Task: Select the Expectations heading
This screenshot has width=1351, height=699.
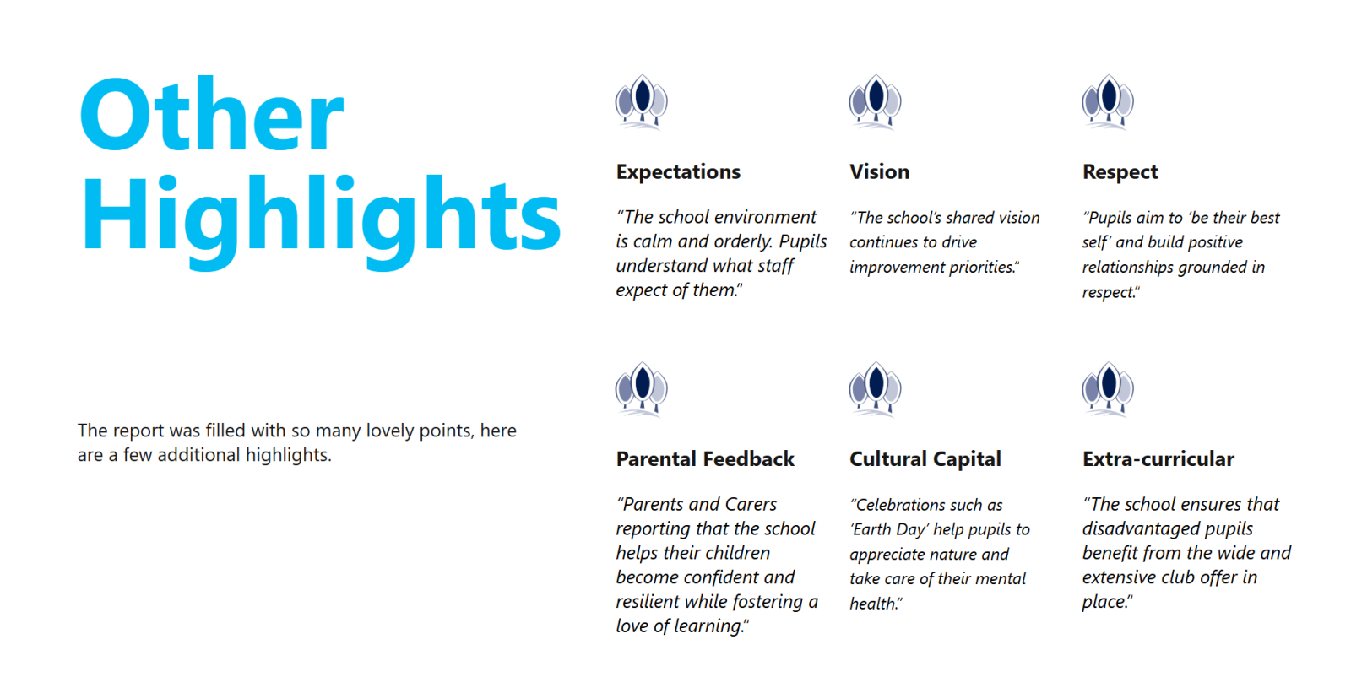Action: coord(678,172)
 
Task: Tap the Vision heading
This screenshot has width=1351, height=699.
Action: coord(879,172)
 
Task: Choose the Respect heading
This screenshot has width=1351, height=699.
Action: coord(1120,172)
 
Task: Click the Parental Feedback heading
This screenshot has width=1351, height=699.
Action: coord(705,459)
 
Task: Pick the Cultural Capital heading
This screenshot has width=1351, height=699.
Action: coord(925,459)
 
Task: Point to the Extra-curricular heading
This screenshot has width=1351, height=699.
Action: coord(1158,459)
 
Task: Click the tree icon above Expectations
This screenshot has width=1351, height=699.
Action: coord(641,102)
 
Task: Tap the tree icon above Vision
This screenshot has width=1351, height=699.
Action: coord(875,102)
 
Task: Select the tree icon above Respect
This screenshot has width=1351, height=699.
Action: coord(1108,102)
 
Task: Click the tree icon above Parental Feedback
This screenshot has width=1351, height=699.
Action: coord(641,389)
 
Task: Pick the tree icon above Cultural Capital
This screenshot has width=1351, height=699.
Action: coord(875,389)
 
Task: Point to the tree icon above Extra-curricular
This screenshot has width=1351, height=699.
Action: coord(1108,389)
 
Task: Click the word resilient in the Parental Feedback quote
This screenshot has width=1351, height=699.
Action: coord(648,601)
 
